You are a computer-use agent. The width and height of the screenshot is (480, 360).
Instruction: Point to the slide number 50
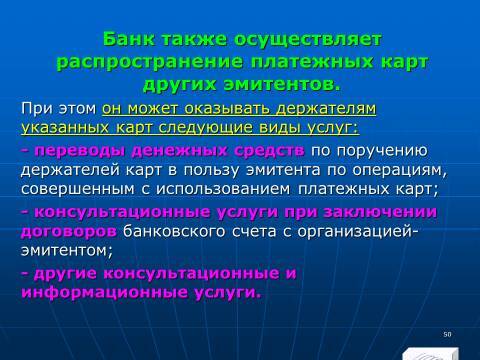coord(447,332)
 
